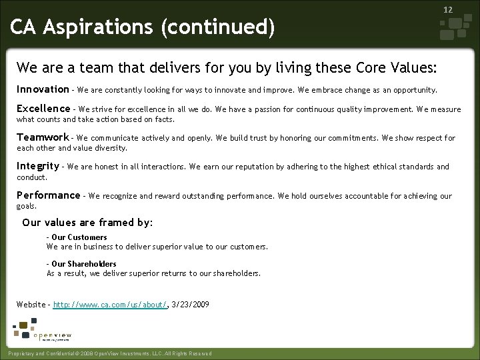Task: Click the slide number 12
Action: (448, 10)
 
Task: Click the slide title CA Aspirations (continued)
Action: (142, 28)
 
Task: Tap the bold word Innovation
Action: (43, 89)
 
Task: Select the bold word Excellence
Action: (43, 109)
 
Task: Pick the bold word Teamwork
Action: (43, 137)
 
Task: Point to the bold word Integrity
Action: (38, 166)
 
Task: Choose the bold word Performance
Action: (48, 195)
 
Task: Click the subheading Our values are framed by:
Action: (87, 223)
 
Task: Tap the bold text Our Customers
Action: (79, 237)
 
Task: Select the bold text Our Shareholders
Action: (83, 264)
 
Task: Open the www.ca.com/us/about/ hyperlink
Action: (109, 305)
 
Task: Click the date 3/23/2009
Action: (190, 305)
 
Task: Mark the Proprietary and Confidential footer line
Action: (108, 353)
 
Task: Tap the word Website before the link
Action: (31, 305)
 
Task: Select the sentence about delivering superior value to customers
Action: (157, 247)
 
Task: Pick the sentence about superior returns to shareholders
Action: (153, 273)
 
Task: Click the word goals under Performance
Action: (26, 207)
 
